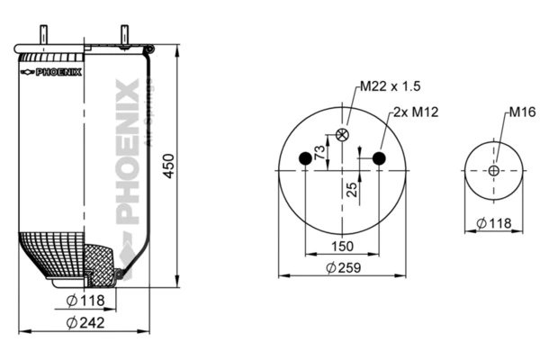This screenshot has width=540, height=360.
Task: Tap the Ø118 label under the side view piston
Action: [85, 300]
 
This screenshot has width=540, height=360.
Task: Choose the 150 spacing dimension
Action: [342, 245]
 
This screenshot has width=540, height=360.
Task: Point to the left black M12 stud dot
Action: [305, 159]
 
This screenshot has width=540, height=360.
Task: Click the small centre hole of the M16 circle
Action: [494, 171]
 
